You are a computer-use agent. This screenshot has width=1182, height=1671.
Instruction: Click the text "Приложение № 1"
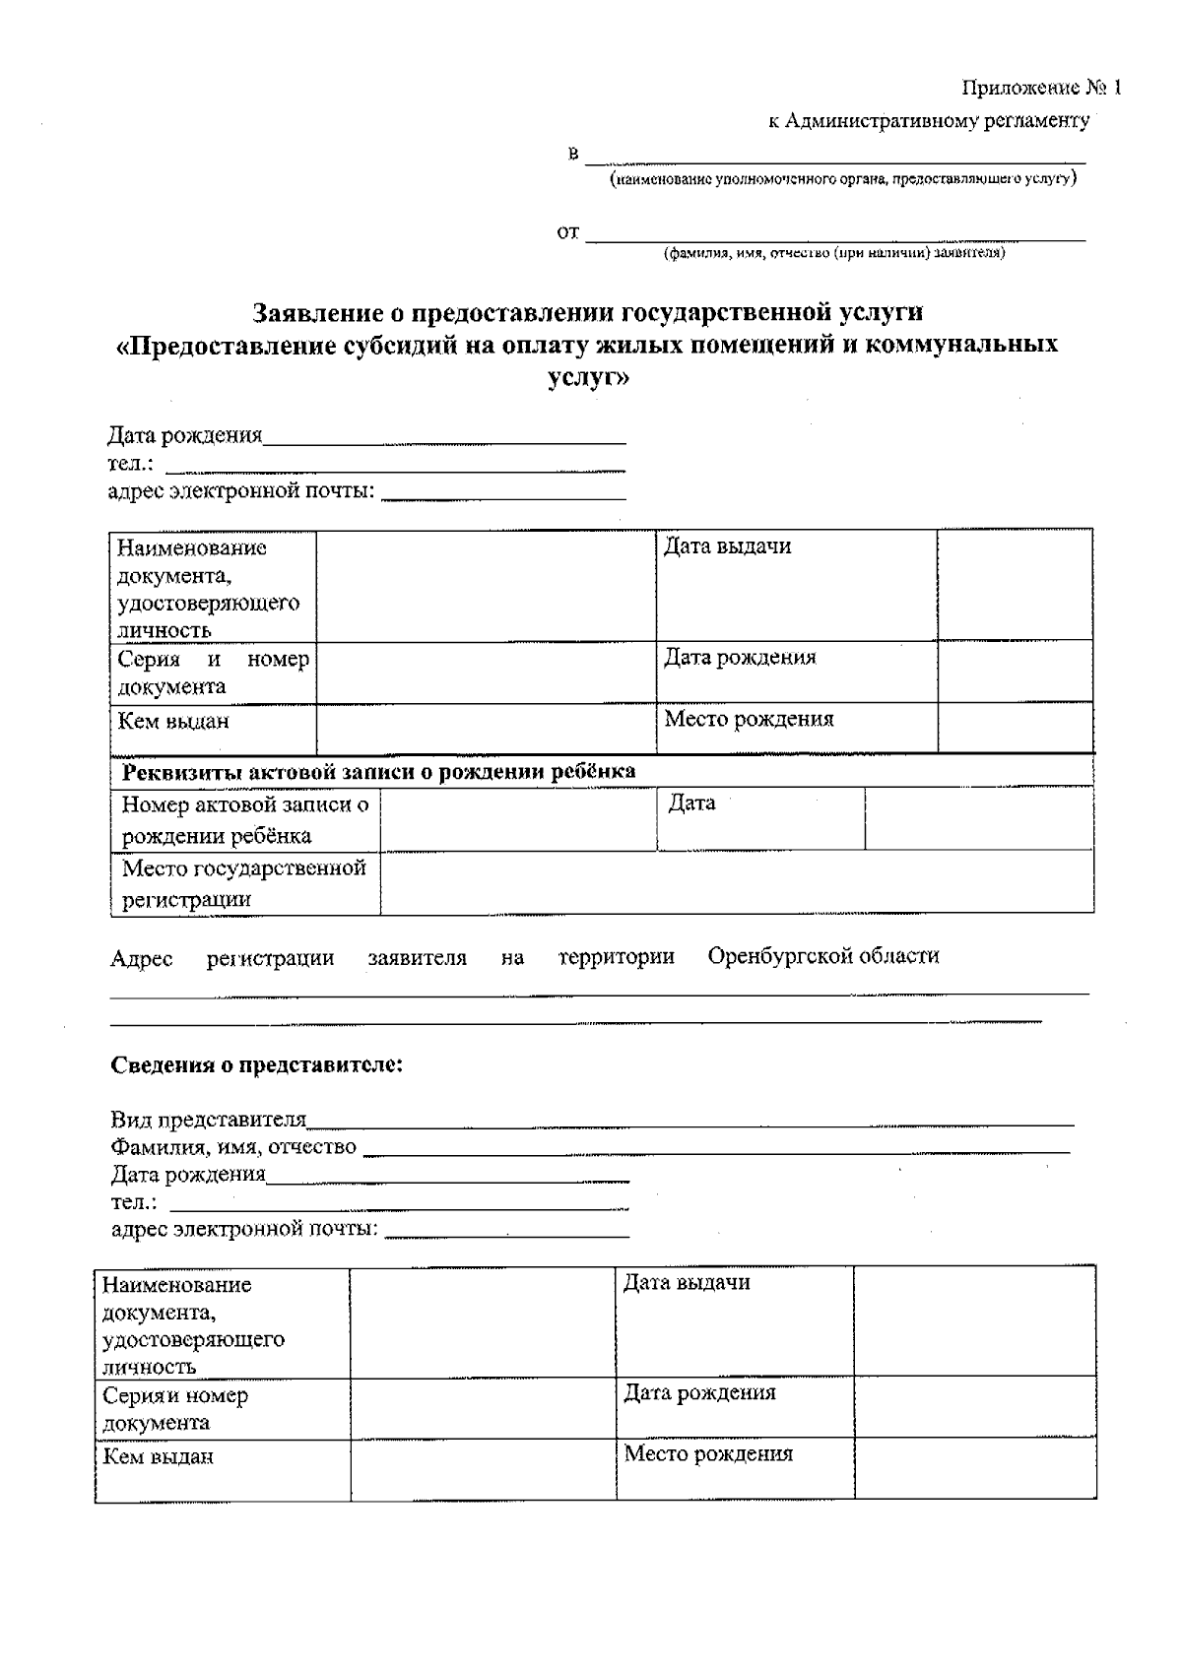[1041, 89]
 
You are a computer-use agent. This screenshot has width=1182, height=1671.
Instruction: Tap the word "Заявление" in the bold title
[314, 313]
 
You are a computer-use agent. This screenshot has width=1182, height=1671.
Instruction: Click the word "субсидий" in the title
[402, 346]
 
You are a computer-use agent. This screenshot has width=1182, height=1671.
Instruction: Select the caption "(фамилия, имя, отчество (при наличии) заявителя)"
[833, 253]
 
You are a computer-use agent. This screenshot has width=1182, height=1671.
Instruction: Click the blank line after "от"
[835, 234]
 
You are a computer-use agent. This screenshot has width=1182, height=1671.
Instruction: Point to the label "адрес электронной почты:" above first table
[241, 491]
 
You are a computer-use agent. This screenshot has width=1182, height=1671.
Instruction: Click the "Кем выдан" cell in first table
[173, 722]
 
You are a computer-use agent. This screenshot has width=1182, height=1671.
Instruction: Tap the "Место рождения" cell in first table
[749, 720]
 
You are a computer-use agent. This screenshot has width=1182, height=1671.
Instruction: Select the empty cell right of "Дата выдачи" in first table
[1014, 585]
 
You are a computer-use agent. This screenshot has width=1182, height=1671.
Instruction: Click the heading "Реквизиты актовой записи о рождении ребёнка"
[378, 772]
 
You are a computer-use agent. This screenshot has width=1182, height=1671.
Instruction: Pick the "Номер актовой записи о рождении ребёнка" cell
[244, 820]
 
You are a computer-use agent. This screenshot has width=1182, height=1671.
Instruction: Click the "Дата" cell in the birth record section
[691, 803]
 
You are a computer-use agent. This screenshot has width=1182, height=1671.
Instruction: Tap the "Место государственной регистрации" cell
[243, 883]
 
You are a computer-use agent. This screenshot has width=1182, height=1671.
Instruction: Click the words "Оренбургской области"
[822, 956]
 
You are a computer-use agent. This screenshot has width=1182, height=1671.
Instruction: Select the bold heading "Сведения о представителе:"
[257, 1065]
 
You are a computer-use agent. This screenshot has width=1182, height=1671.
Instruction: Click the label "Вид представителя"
[209, 1121]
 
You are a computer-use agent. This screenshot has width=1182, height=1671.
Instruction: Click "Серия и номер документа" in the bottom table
[175, 1409]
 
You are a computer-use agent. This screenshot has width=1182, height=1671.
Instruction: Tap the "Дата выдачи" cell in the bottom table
[687, 1283]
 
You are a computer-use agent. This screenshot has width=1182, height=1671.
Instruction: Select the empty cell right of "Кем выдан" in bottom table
[483, 1470]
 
